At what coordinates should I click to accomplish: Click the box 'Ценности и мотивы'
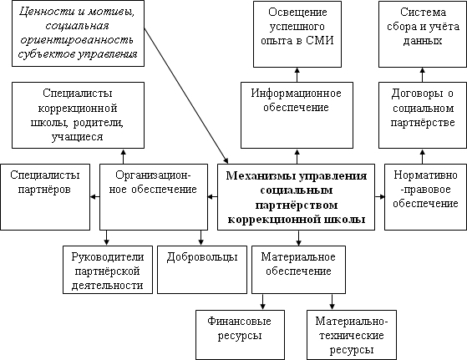click(78, 33)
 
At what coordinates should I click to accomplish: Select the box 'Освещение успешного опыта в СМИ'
click(297, 34)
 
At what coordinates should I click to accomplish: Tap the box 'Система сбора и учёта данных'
click(423, 34)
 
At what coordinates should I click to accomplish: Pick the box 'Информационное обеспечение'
click(297, 115)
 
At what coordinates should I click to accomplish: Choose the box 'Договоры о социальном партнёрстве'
click(423, 115)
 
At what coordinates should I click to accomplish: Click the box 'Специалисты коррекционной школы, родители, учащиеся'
click(78, 115)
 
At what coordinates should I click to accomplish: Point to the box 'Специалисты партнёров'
click(45, 197)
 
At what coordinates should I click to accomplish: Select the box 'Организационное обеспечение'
click(154, 197)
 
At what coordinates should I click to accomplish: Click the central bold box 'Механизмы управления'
click(296, 197)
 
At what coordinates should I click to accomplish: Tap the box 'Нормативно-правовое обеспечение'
click(425, 197)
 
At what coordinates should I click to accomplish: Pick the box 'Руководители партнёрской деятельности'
click(108, 270)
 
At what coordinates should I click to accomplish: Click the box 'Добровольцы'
click(202, 270)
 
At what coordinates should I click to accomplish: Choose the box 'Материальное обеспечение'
click(298, 270)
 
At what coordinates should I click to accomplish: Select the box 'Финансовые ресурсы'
click(240, 335)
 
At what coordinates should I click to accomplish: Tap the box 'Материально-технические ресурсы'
click(352, 335)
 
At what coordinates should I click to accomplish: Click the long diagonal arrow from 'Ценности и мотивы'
click(186, 95)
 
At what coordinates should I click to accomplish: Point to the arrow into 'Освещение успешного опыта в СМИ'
click(297, 74)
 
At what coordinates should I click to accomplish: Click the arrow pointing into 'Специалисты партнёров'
click(94, 197)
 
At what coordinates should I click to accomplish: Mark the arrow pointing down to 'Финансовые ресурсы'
click(262, 302)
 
